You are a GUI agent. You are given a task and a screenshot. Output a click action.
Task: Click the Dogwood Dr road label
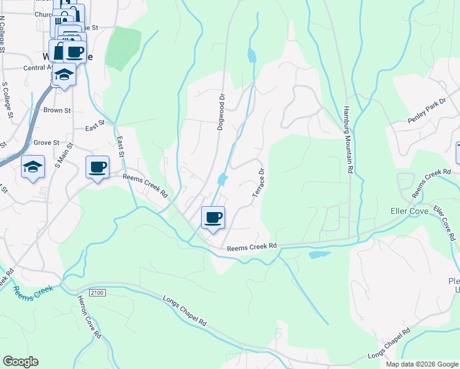pos(221,112)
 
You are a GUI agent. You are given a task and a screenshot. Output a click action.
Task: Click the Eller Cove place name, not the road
pos(410,210)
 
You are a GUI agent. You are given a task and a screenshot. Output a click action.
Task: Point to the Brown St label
pos(57,111)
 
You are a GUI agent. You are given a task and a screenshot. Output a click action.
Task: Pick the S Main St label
pos(64,156)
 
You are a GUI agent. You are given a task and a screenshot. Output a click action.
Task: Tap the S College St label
pos(8,98)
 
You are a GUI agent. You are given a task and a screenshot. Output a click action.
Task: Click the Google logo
pos(20,362)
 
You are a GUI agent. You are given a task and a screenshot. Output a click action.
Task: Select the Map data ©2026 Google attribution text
pos(421,364)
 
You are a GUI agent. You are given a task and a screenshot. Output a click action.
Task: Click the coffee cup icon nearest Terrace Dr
pos(213,217)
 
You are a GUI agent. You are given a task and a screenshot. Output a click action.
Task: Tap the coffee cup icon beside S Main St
pos(97,167)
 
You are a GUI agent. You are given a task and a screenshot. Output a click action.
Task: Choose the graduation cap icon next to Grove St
pos(33,167)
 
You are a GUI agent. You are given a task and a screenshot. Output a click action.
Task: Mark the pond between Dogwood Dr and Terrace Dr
pos(222,179)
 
